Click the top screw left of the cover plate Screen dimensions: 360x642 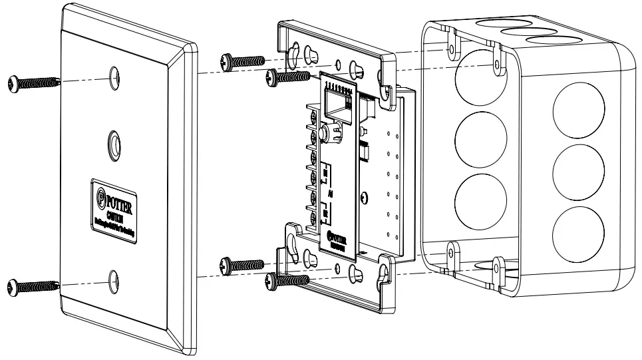(30, 83)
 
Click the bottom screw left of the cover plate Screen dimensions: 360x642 (30, 287)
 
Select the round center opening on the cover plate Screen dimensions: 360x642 (114, 144)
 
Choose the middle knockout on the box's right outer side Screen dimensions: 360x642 (578, 166)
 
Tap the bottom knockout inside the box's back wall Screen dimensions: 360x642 (474, 198)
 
